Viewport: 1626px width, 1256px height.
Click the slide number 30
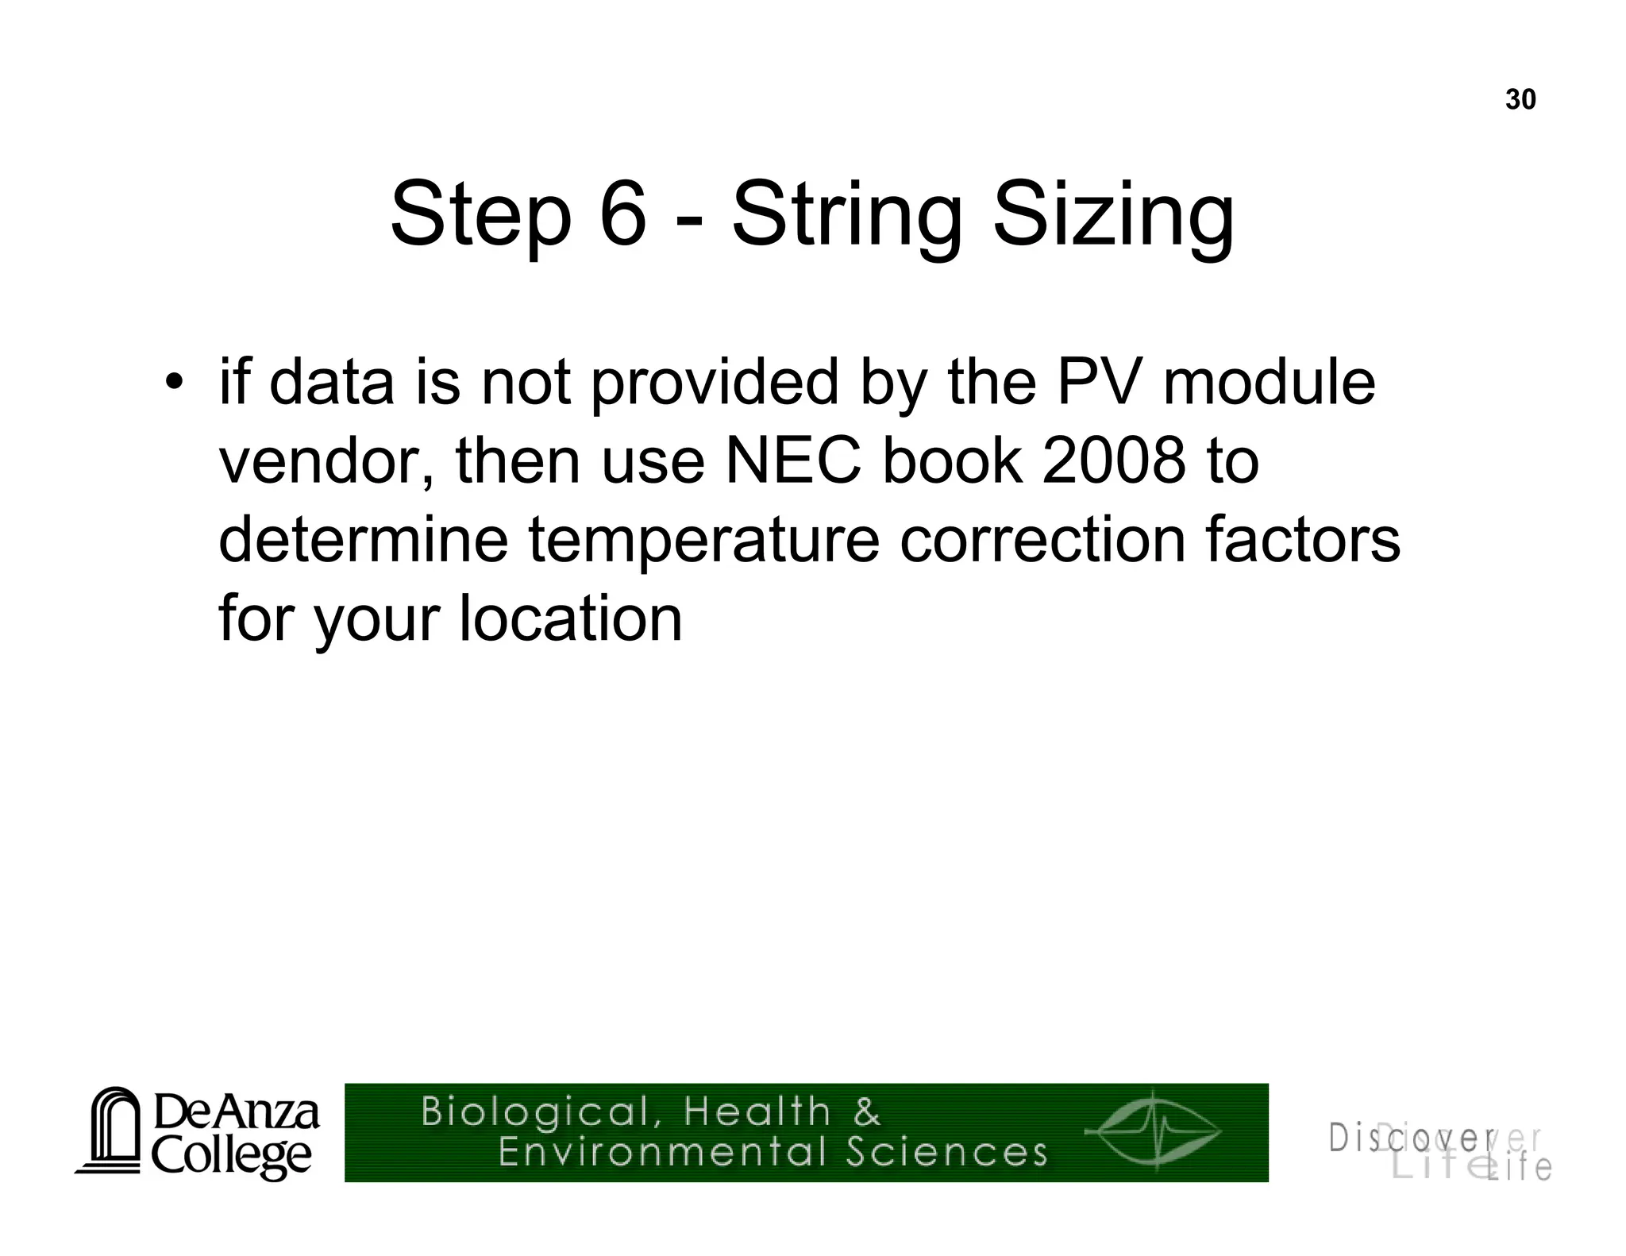point(1520,100)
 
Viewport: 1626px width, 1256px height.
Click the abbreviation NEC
point(792,462)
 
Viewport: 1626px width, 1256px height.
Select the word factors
point(1302,540)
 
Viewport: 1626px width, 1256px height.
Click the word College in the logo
point(231,1157)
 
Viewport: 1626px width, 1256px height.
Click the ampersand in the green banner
point(868,1111)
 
